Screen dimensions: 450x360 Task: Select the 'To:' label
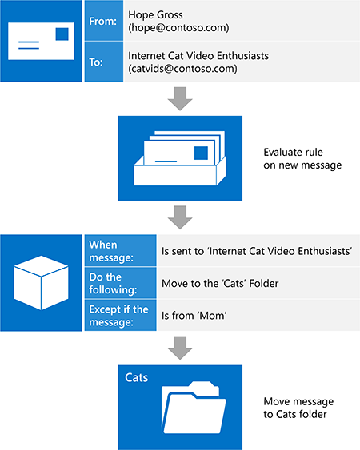click(97, 63)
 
